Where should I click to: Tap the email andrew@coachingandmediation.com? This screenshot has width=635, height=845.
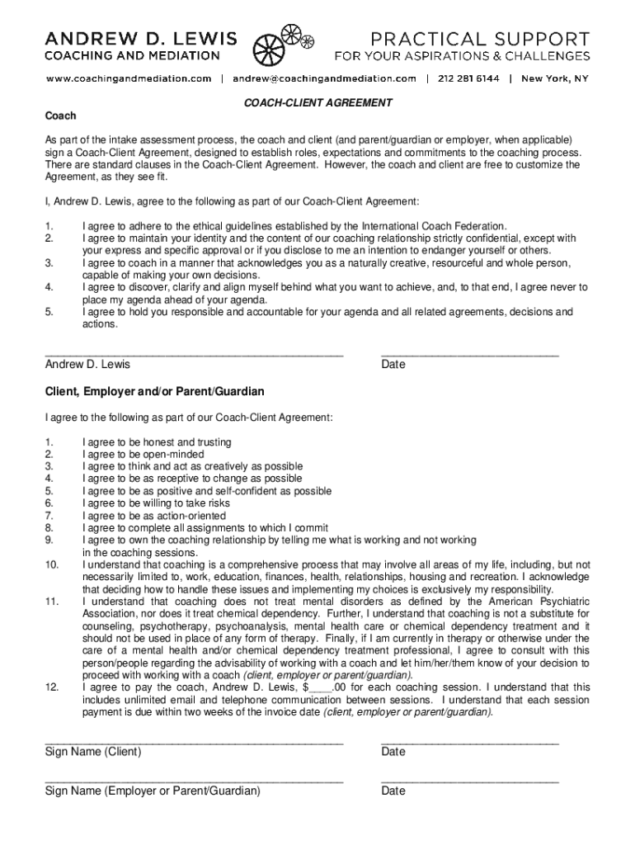(324, 79)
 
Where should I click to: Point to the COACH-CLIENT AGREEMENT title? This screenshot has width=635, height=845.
(317, 103)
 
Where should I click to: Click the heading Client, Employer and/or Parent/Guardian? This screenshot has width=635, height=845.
(155, 390)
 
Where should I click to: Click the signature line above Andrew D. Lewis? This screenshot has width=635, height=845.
(194, 353)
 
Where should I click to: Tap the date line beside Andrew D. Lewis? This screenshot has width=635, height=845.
(469, 353)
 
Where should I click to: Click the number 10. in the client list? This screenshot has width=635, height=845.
(51, 564)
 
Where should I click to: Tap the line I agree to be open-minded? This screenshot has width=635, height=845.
(143, 455)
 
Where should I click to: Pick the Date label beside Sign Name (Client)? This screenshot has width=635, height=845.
(393, 752)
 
